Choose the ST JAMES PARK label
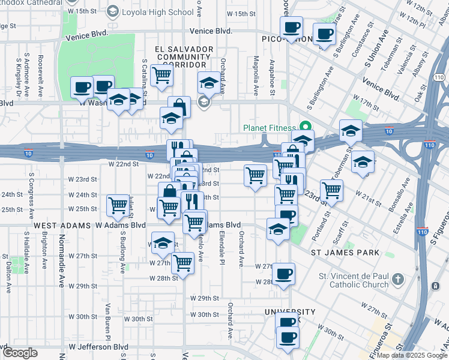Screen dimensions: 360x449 pyautogui.click(x=345, y=253)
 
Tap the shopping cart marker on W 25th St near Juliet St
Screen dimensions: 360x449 pyautogui.click(x=117, y=206)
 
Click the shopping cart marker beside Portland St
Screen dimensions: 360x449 pyautogui.click(x=331, y=190)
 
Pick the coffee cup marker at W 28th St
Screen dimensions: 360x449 pyautogui.click(x=284, y=274)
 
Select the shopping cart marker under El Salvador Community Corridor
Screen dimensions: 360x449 pyautogui.click(x=161, y=76)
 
